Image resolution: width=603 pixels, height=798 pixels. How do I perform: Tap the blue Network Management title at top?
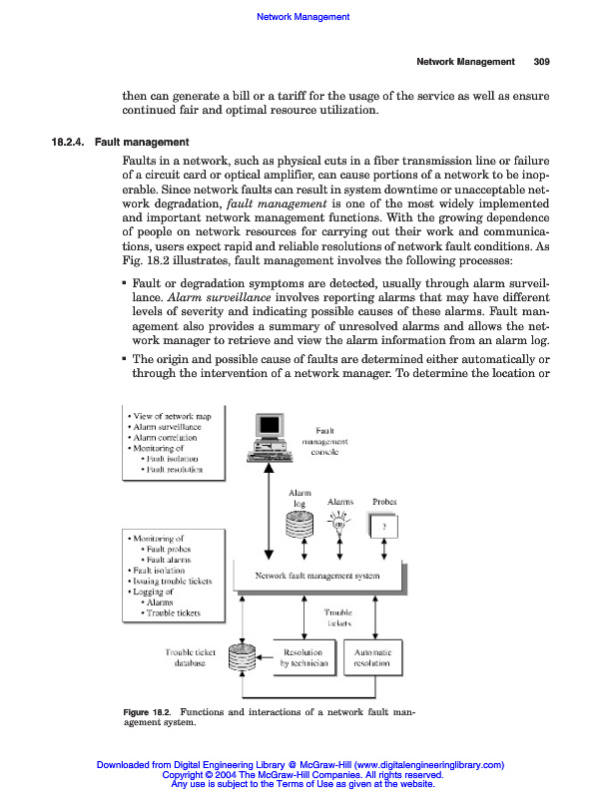[303, 17]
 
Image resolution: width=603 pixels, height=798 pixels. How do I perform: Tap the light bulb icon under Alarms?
[339, 524]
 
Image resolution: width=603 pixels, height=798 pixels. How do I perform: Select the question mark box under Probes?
[383, 525]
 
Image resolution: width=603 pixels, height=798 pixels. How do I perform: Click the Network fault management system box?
[317, 576]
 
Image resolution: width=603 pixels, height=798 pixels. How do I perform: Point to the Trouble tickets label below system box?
[337, 616]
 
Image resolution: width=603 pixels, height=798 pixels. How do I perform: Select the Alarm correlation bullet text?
[167, 437]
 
